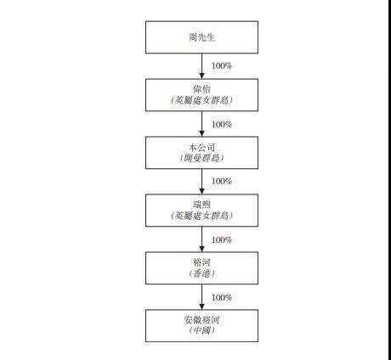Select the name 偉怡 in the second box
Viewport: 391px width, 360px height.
[x=201, y=89]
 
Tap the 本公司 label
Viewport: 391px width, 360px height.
[x=201, y=148]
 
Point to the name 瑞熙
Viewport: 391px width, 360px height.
[x=201, y=205]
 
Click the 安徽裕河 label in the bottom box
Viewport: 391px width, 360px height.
[x=201, y=320]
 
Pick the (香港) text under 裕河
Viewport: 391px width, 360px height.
[x=201, y=273]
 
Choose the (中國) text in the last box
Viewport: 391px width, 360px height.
[x=201, y=330]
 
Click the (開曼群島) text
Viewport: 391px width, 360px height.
[x=201, y=158]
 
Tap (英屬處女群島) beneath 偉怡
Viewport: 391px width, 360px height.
[x=201, y=100]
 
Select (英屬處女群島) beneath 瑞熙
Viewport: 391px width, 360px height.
[x=201, y=216]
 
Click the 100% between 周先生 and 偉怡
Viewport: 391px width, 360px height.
[x=222, y=66]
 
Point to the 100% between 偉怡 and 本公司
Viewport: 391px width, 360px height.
[x=222, y=124]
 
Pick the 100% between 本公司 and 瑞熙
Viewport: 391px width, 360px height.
[x=222, y=181]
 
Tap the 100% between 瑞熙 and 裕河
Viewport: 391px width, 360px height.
[x=222, y=239]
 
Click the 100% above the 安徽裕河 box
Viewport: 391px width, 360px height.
[x=222, y=297]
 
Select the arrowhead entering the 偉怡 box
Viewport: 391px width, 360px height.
[x=201, y=76]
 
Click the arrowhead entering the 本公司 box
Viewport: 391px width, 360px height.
[x=201, y=133]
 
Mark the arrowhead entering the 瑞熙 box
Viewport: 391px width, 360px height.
[x=201, y=191]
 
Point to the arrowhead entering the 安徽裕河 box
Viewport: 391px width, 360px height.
[x=201, y=307]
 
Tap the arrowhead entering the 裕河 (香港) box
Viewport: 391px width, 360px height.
[x=201, y=249]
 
